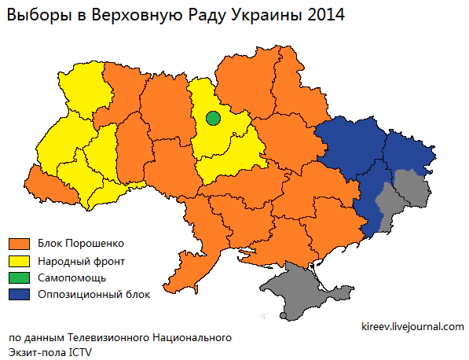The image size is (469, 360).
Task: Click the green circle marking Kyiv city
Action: (213, 119)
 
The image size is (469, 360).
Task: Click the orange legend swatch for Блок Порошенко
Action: (18, 243)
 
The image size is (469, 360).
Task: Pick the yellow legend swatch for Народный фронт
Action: (18, 260)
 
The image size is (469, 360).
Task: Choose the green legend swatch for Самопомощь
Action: (18, 277)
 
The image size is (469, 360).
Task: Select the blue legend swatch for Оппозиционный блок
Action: (18, 295)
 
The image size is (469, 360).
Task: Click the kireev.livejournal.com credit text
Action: (412, 326)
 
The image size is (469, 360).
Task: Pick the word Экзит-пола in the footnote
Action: (38, 352)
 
